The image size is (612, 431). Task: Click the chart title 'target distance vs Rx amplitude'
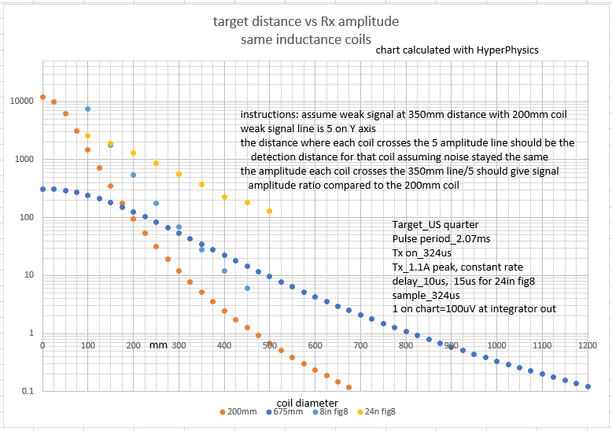coord(306,21)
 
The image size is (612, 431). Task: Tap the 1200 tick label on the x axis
coord(588,344)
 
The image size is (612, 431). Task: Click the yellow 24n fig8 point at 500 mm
coord(269,211)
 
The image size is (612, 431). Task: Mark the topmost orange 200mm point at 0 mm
coord(42,98)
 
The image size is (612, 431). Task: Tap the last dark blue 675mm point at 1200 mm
coord(588,386)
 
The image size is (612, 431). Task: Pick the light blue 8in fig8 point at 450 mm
coord(247,289)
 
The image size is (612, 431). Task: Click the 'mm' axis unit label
coord(158,344)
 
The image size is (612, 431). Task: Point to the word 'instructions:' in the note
coord(269,115)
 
